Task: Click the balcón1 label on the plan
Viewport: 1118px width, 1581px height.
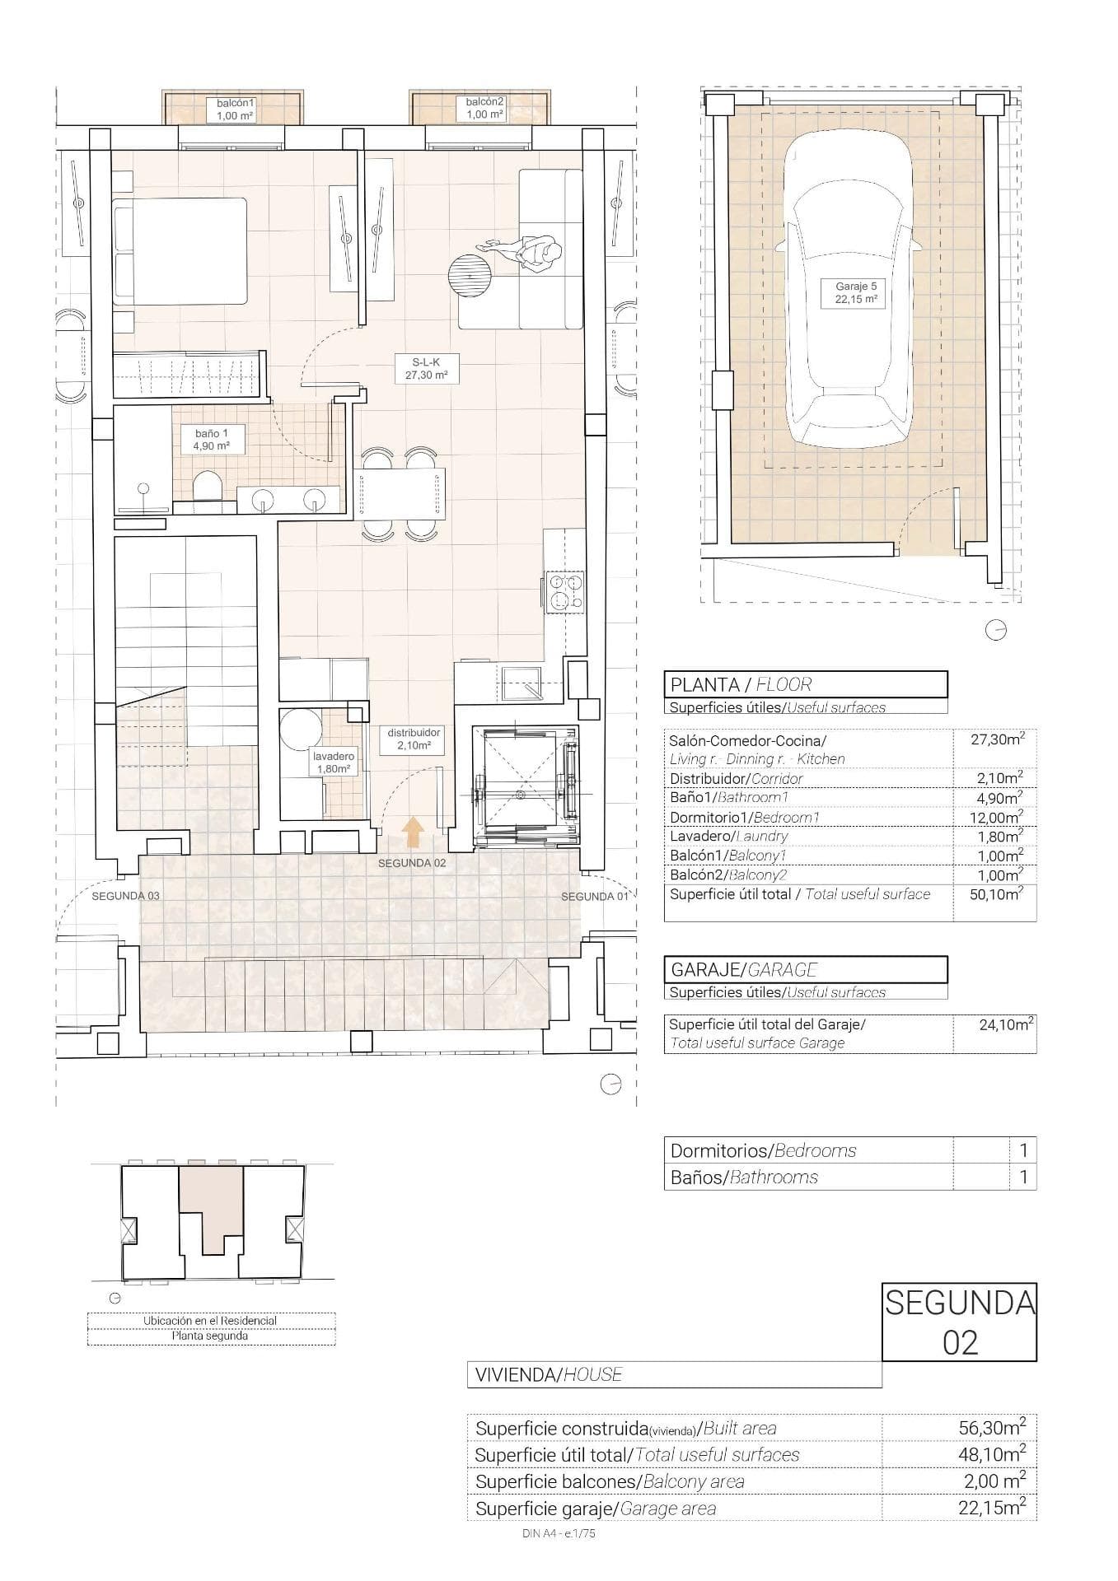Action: coord(236,110)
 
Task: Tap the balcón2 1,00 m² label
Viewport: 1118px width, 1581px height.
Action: coord(484,109)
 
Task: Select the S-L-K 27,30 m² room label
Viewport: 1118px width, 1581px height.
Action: coord(426,368)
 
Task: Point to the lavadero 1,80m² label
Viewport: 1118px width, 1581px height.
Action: coord(333,763)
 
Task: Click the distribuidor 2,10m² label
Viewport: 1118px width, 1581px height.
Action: coord(414,739)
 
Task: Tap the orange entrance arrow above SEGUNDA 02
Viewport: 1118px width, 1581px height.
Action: coord(413,832)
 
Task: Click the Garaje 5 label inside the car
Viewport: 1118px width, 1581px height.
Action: coord(855,293)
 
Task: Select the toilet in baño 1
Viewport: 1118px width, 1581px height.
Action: coord(206,487)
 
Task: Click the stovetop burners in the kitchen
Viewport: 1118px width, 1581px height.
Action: coord(564,591)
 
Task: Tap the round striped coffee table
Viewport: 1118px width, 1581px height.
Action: coord(470,275)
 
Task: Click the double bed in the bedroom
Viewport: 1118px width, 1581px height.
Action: coord(181,251)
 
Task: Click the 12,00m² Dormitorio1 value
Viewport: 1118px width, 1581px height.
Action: coord(999,817)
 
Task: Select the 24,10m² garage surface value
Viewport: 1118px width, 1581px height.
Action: coord(1006,1026)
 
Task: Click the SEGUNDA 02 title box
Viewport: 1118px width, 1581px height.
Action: coord(959,1322)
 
